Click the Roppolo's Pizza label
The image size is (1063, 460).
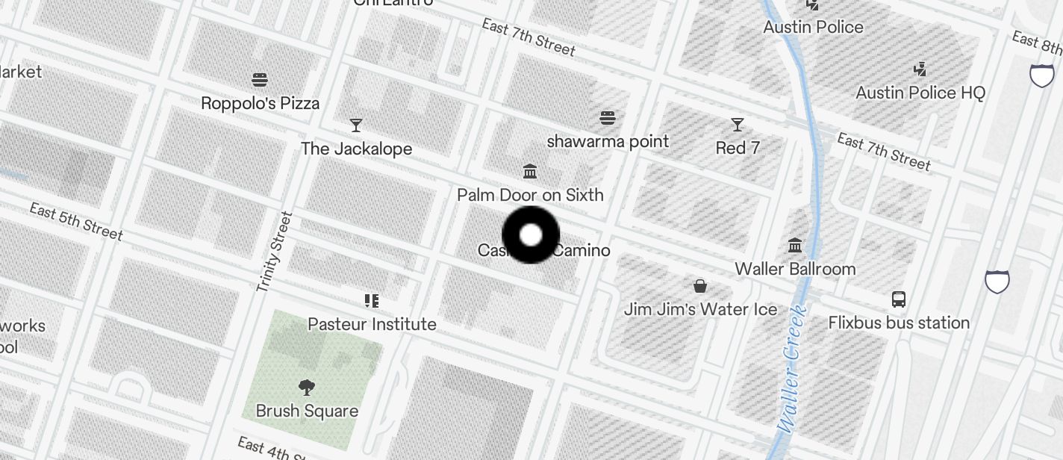coord(260,103)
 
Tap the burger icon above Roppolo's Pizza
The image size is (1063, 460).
coord(260,79)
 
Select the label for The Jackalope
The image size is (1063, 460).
coord(356,149)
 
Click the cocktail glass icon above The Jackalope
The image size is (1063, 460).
coord(356,125)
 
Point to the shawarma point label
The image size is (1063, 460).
coord(608,141)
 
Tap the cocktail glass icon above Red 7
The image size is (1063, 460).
coord(738,124)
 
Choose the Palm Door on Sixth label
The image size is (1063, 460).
coord(530,195)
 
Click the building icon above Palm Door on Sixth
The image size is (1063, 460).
coord(530,172)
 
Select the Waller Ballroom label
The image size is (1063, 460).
coord(795,269)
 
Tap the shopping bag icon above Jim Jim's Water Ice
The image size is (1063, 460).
coord(700,285)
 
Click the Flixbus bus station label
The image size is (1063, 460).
coord(899,323)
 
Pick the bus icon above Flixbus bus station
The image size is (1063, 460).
coord(899,299)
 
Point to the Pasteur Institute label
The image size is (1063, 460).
coord(372,324)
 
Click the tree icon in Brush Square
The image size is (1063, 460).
coord(306,387)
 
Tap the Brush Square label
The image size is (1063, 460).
coord(307,411)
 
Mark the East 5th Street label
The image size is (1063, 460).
coord(76,221)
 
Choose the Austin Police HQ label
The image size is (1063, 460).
coord(920,93)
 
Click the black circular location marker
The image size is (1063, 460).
coord(531,235)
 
